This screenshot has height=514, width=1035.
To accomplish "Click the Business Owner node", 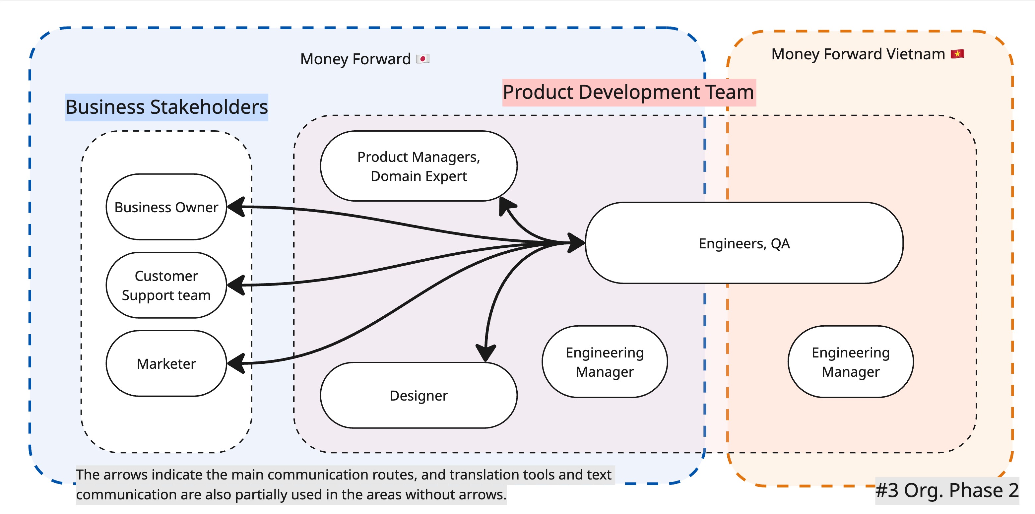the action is click(x=166, y=207).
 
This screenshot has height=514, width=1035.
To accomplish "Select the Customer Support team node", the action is click(x=166, y=285).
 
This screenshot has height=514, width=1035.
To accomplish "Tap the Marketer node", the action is click(x=166, y=364).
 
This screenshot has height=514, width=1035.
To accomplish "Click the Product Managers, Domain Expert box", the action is click(x=419, y=166).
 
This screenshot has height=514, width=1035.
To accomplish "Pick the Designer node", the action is click(x=419, y=395).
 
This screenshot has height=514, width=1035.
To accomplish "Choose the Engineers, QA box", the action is click(x=744, y=243).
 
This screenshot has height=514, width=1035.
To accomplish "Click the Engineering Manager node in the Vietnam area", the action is click(x=851, y=362).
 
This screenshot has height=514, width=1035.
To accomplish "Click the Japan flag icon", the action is click(x=423, y=59).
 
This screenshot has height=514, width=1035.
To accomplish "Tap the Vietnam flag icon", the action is click(x=957, y=54).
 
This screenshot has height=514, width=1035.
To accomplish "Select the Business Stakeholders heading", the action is click(x=166, y=107).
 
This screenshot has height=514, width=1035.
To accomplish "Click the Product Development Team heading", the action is click(x=629, y=93).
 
